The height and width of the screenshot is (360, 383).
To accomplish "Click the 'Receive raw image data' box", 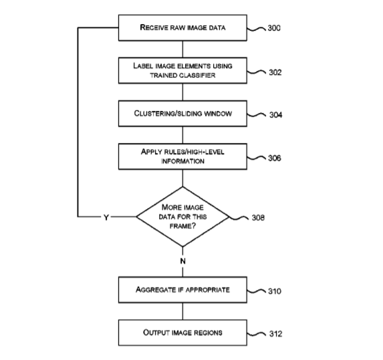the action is coord(182,27).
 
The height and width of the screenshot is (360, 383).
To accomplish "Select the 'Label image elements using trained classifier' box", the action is coord(182,71).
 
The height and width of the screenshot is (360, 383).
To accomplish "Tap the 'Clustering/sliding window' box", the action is coord(182,114).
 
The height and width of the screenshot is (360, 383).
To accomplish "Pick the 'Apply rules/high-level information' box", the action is coord(182,156).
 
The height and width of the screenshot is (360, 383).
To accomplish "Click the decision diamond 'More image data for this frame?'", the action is coord(182,216).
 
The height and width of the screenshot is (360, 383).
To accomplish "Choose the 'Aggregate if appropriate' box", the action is coord(182,290).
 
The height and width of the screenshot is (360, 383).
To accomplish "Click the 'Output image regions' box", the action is coord(182,333).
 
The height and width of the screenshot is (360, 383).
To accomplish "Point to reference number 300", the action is coord(274,28).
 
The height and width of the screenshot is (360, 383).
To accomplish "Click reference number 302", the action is coord(275,72).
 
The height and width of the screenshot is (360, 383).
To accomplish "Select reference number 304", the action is coord(276,115).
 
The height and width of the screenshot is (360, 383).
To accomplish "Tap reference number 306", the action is coord(275,158).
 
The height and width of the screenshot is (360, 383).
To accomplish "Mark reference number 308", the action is coord(258,218).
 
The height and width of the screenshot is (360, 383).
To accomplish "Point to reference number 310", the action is coord(275,291).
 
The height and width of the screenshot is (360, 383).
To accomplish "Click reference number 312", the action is coord(276,334).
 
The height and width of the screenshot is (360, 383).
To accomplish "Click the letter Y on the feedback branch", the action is coord(106,218).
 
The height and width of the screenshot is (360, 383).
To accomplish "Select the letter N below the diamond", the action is coord(182,261).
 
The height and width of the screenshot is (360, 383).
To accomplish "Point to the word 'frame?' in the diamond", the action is coord(182,226).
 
